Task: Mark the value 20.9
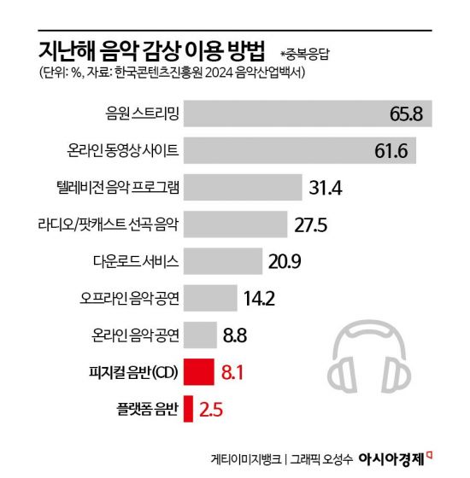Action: coord(285,261)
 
